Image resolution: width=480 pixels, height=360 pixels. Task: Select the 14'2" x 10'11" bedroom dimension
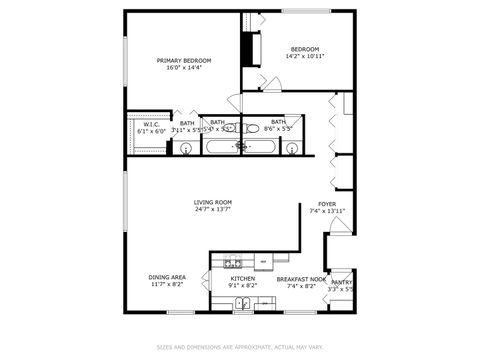click(305, 56)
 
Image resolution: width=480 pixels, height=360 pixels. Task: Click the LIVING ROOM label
click(213, 202)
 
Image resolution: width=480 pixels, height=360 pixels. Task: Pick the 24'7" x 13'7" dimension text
click(213, 209)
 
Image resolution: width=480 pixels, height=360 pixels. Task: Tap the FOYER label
click(327, 204)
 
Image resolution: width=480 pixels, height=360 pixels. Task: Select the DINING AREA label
click(166, 277)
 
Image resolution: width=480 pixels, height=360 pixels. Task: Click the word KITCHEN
click(243, 278)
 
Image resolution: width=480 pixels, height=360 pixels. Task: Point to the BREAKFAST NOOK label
click(301, 279)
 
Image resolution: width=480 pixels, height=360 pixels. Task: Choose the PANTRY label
click(342, 283)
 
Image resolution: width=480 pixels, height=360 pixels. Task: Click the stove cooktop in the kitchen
click(233, 263)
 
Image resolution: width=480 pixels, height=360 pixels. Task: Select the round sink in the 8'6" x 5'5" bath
click(291, 149)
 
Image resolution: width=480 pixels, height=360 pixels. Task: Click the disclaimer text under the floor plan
click(239, 348)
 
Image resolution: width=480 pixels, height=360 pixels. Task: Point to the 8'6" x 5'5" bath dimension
click(278, 128)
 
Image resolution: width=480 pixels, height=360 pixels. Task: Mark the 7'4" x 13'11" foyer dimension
click(327, 211)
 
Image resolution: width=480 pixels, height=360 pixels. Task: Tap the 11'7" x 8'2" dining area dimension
click(166, 285)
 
